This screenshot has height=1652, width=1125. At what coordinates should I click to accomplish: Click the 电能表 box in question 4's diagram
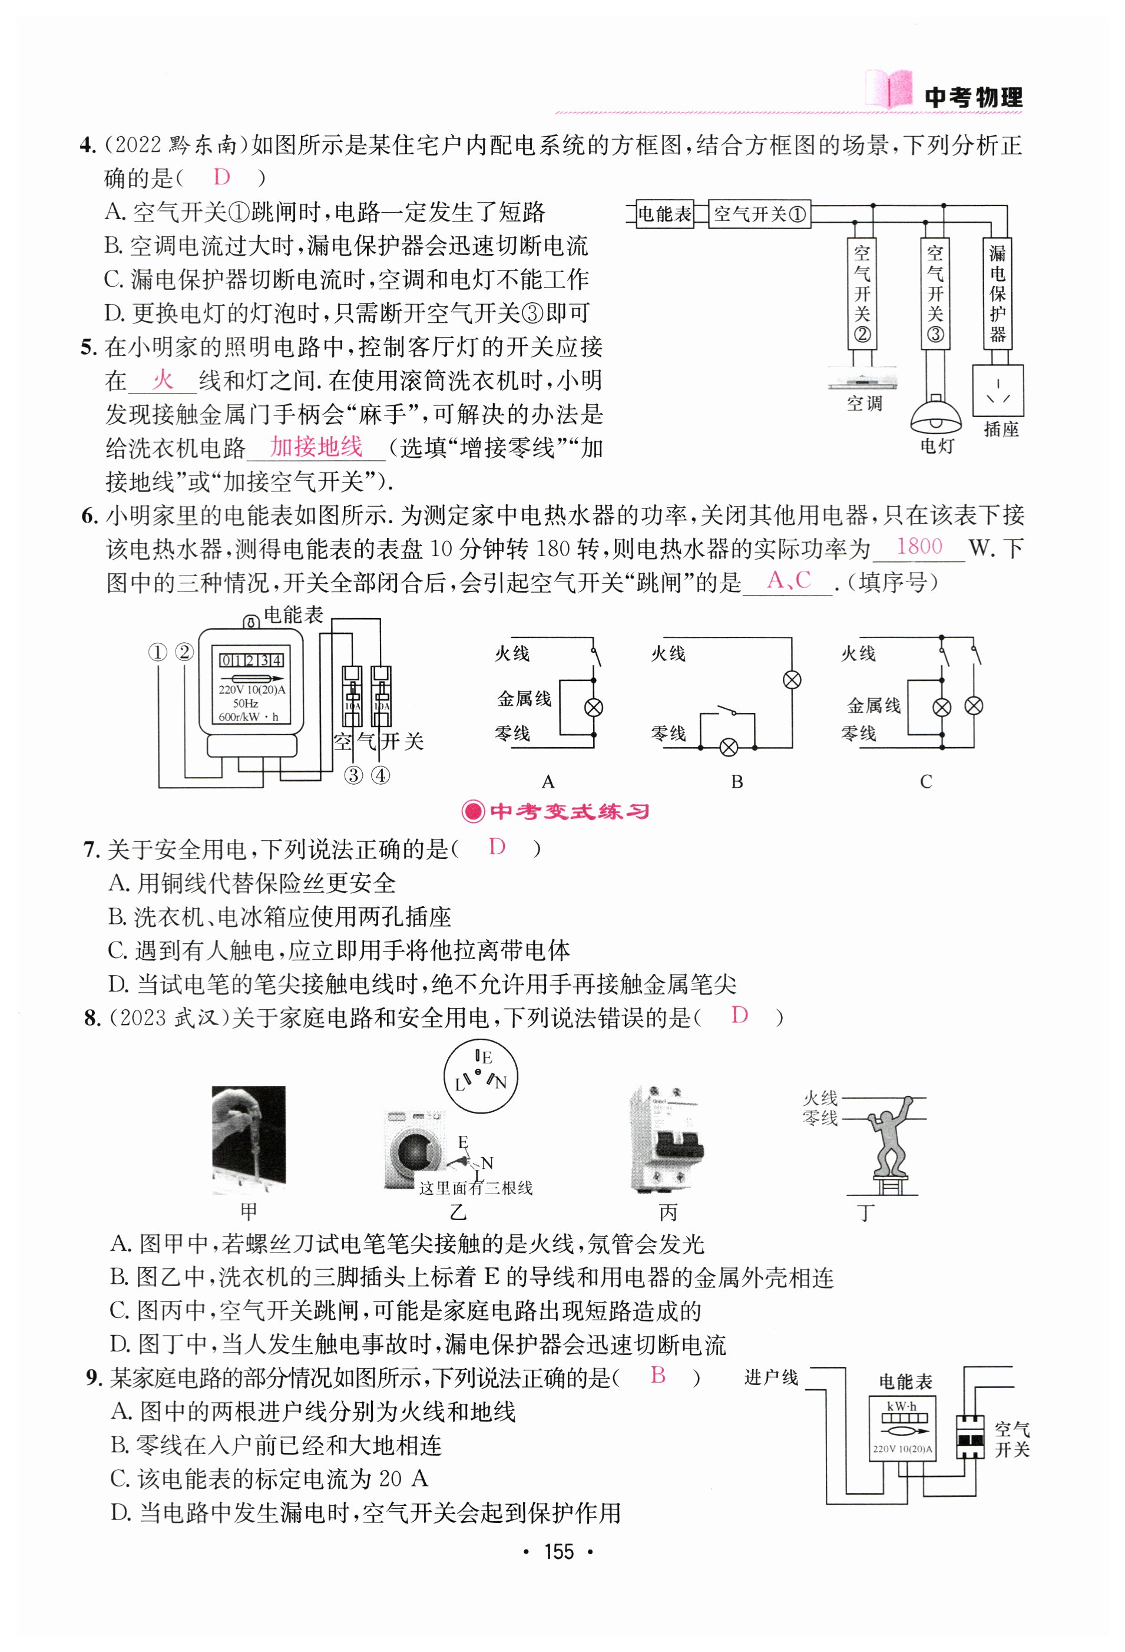pyautogui.click(x=664, y=214)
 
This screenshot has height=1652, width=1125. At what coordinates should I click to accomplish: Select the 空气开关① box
pyautogui.click(x=759, y=214)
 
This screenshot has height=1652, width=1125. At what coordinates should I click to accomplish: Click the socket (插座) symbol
pyautogui.click(x=998, y=390)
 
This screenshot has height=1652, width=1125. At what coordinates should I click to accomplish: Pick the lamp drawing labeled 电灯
pyautogui.click(x=935, y=417)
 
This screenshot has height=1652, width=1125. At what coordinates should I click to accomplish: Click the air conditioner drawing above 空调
pyautogui.click(x=862, y=380)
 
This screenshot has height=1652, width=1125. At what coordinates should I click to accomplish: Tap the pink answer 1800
pyautogui.click(x=919, y=547)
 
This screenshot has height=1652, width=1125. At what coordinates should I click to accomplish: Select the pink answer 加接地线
pyautogui.click(x=316, y=447)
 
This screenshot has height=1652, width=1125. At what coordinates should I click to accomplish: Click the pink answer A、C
pyautogui.click(x=788, y=580)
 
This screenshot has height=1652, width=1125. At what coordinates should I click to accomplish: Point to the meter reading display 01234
pyautogui.click(x=251, y=660)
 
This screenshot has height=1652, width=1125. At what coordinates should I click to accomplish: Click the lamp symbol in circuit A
pyautogui.click(x=593, y=708)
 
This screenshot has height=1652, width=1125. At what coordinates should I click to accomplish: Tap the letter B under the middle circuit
pyautogui.click(x=737, y=782)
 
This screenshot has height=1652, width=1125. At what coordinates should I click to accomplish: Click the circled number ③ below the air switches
pyautogui.click(x=353, y=775)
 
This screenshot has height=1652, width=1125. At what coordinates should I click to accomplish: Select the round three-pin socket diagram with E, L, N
pyautogui.click(x=481, y=1078)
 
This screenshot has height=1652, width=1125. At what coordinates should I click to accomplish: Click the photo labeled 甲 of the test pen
pyautogui.click(x=249, y=1140)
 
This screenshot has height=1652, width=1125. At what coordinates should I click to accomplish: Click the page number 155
pyautogui.click(x=558, y=1552)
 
